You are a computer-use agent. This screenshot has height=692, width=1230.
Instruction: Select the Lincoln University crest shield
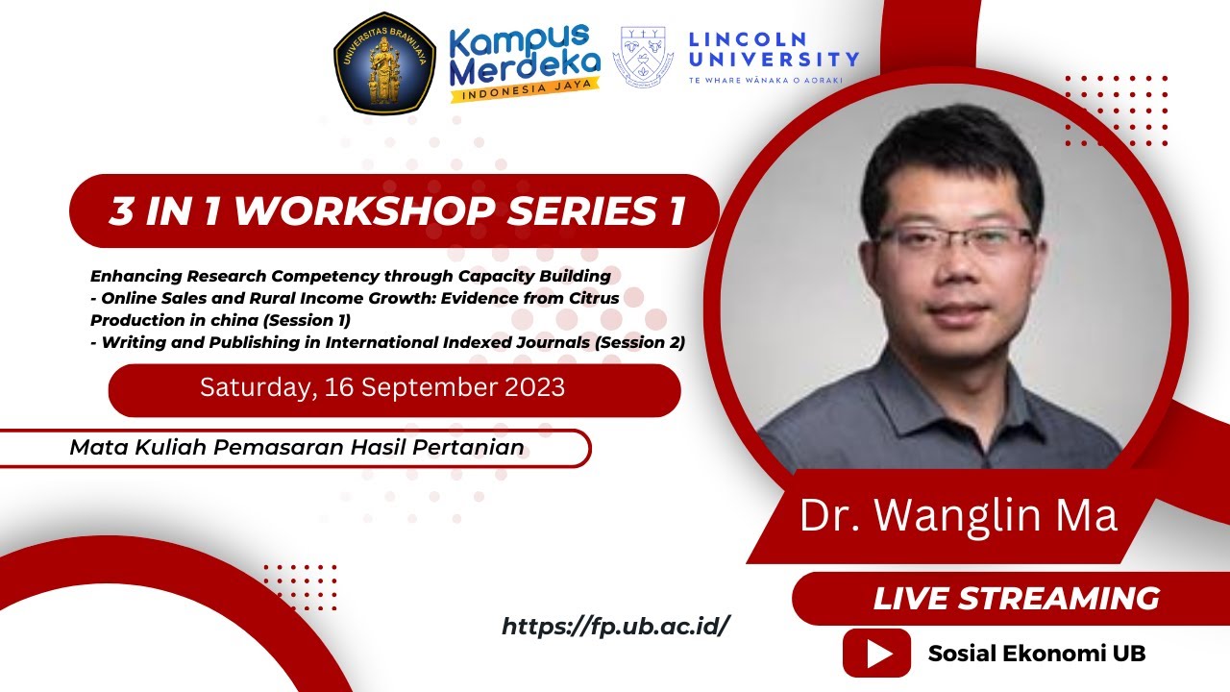pyautogui.click(x=644, y=57)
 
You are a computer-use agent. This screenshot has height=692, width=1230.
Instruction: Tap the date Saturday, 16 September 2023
pyautogui.click(x=382, y=388)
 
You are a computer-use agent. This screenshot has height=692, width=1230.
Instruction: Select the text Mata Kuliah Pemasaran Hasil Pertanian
pyautogui.click(x=297, y=447)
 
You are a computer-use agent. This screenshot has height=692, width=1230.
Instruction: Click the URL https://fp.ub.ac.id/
pyautogui.click(x=616, y=627)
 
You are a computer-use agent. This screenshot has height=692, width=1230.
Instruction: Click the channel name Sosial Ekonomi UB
pyautogui.click(x=1037, y=654)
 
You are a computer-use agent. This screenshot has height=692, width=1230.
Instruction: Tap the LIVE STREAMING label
pyautogui.click(x=1016, y=598)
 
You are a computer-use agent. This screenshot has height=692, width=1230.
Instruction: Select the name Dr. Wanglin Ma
pyautogui.click(x=958, y=515)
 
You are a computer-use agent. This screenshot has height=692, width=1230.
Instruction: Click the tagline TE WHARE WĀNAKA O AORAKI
pyautogui.click(x=765, y=81)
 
